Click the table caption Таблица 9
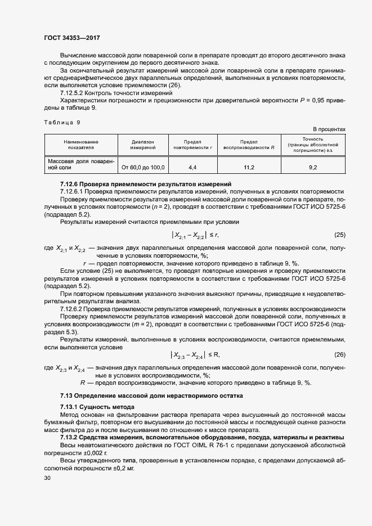[62, 122]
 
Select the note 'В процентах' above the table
[329, 129]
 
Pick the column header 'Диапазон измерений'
[142, 145]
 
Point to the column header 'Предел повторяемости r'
[192, 145]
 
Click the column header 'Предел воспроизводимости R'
[249, 145]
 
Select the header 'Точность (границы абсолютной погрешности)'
[313, 145]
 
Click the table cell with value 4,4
[192, 168]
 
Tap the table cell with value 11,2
[249, 168]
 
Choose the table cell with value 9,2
[313, 168]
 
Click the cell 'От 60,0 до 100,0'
[142, 168]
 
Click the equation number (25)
[339, 235]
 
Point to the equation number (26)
[339, 354]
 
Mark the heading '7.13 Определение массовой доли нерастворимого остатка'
[151, 395]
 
